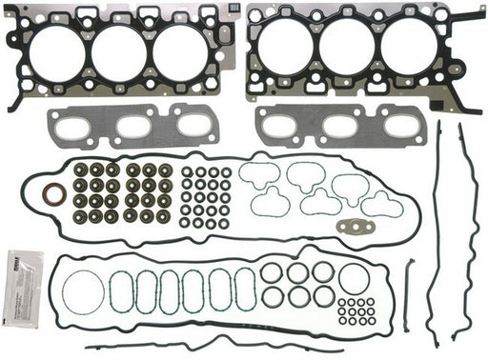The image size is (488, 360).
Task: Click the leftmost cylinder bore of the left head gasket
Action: coord(56,51)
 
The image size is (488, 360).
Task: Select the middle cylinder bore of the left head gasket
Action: coord(119,51)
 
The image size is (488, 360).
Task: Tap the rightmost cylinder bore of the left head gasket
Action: coord(180,51)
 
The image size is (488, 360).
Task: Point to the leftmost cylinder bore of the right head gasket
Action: coord(285,47)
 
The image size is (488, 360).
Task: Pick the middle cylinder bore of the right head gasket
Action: coord(347,47)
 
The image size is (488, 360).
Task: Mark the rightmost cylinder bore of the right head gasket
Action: coord(408,47)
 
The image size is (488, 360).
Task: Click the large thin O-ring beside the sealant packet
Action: coord(85,291)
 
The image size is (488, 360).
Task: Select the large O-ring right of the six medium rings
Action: coord(354,279)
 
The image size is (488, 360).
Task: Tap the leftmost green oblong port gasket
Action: coord(121,292)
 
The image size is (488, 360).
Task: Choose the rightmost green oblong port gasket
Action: coord(245,290)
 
